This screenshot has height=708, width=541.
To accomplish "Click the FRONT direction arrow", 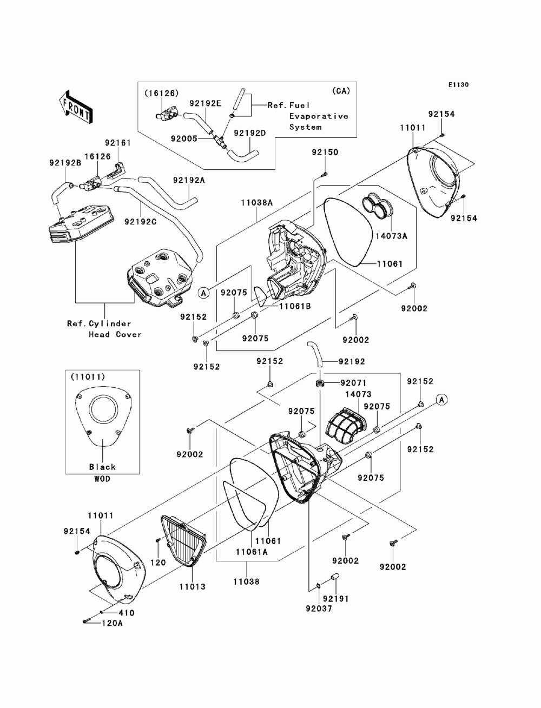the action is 75,106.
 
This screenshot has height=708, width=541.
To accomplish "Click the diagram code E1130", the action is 458,85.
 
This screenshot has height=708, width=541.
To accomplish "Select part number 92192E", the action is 205,103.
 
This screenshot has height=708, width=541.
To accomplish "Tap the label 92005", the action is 184,138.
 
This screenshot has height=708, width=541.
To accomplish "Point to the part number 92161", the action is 118,143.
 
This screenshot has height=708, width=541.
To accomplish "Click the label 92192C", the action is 140,222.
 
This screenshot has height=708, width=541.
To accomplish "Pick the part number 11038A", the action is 257,203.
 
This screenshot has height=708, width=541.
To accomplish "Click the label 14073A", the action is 391,236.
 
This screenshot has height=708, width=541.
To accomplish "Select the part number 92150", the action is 325,152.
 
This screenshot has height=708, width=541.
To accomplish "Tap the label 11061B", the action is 295,306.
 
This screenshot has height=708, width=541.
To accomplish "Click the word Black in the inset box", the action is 102,467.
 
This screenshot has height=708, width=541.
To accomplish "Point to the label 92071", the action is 354,383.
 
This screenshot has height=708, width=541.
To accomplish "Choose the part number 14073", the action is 358,394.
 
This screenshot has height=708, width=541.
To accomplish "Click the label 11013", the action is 192,587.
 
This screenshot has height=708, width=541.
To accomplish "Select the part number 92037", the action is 319,608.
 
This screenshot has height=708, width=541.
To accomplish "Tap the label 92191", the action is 336,599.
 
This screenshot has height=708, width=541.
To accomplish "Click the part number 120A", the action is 113,623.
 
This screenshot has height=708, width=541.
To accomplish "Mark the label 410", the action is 127,613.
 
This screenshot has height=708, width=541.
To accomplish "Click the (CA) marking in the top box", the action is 341,91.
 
